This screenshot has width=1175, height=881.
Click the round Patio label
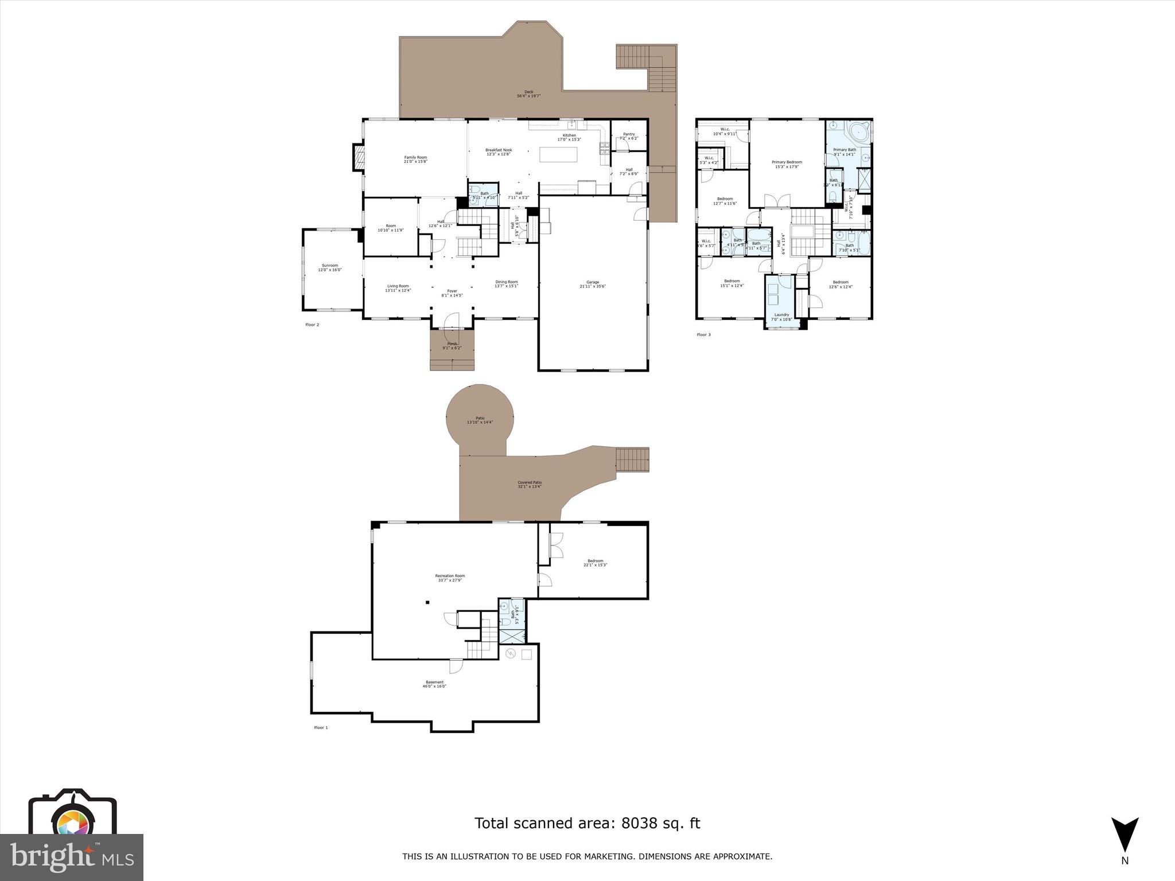point(480,420)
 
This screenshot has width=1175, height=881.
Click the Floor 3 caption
point(703,334)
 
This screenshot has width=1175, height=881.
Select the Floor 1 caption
point(321,727)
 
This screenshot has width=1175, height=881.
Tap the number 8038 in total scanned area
point(637,824)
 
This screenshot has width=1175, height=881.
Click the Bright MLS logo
point(72,857)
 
